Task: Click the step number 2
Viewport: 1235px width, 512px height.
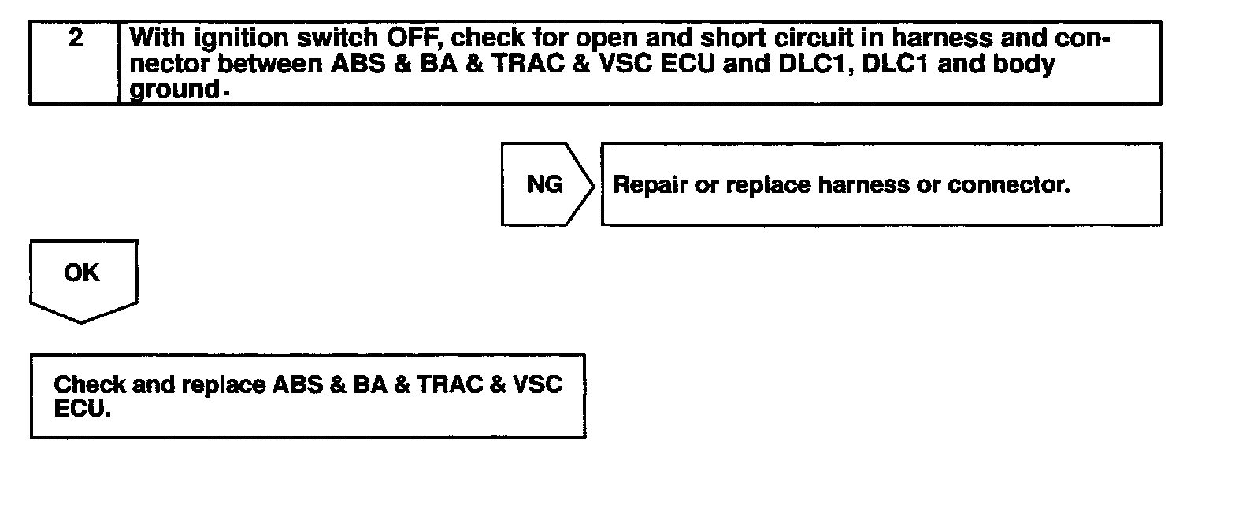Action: tap(76, 39)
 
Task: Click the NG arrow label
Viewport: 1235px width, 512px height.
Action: tap(545, 185)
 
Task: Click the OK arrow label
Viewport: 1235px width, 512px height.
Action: tap(82, 273)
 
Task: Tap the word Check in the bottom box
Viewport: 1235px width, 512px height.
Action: tap(90, 385)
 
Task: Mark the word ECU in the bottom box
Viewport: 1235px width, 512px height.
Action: tap(79, 410)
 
